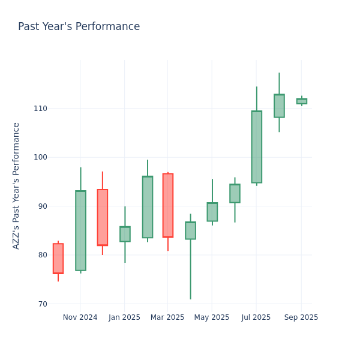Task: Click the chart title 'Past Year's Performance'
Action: pyautogui.click(x=79, y=27)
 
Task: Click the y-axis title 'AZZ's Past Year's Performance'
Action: pyautogui.click(x=16, y=185)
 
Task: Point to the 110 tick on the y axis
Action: pyautogui.click(x=40, y=109)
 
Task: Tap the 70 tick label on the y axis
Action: pyautogui.click(x=42, y=304)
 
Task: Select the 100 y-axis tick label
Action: pyautogui.click(x=40, y=157)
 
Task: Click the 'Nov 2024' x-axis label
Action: pyautogui.click(x=80, y=317)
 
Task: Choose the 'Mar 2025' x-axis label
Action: pyautogui.click(x=167, y=317)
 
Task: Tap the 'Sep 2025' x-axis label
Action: pyautogui.click(x=301, y=317)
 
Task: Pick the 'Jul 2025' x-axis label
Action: pyautogui.click(x=256, y=317)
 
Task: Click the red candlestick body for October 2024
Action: pyautogui.click(x=58, y=259)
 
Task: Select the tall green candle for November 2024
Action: pyautogui.click(x=80, y=230)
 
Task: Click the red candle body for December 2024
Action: pyautogui.click(x=103, y=217)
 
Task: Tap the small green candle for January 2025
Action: pyautogui.click(x=125, y=234)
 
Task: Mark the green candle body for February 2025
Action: pyautogui.click(x=147, y=207)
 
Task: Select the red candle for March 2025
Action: pyautogui.click(x=168, y=205)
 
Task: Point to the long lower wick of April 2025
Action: pyautogui.click(x=190, y=270)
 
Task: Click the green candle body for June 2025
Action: pyautogui.click(x=235, y=193)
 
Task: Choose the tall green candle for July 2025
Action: pyautogui.click(x=257, y=147)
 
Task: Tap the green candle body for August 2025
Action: pyautogui.click(x=279, y=106)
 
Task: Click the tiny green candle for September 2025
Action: pyautogui.click(x=301, y=101)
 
